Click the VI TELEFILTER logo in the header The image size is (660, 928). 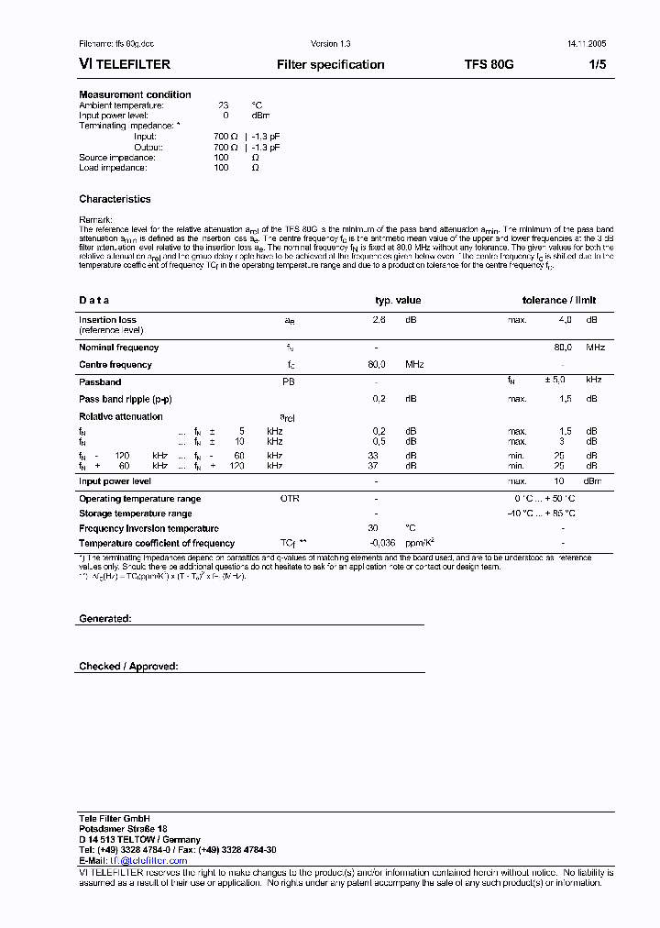(x=125, y=65)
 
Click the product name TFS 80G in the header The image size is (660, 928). (x=489, y=65)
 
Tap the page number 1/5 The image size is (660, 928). (x=597, y=65)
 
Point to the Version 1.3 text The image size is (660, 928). (x=331, y=44)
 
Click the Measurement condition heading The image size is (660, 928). (x=135, y=95)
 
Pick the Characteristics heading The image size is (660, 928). (x=115, y=199)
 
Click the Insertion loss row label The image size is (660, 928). (x=107, y=320)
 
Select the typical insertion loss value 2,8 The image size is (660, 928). (x=379, y=320)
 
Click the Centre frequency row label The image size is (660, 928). (x=115, y=365)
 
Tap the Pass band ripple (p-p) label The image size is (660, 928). (x=125, y=399)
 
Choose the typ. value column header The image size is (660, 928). (x=398, y=300)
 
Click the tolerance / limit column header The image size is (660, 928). (x=559, y=300)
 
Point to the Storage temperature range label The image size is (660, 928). (x=136, y=514)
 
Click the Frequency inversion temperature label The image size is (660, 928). (x=148, y=528)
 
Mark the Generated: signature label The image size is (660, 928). (x=105, y=619)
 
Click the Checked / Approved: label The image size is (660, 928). (x=128, y=667)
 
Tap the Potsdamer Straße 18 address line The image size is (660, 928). (x=123, y=829)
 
